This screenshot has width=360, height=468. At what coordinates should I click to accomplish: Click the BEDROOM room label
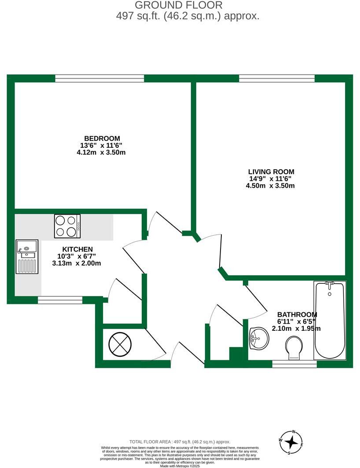coord(102,138)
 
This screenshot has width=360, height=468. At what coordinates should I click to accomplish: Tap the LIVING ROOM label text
coord(271,172)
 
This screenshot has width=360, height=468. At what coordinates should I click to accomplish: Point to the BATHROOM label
coord(297,314)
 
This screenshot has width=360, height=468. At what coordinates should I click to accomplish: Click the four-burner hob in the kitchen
coord(67,226)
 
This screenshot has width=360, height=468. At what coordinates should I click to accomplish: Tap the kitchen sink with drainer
coord(27,256)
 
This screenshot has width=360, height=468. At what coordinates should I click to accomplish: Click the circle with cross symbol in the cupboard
coord(120,344)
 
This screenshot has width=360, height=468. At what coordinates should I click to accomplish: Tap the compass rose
coord(291,442)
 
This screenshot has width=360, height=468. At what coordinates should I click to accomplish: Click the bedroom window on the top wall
coord(99,78)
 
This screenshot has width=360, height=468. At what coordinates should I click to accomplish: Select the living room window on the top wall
coord(277,78)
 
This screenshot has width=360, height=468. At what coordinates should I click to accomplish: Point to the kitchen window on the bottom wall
coord(60,300)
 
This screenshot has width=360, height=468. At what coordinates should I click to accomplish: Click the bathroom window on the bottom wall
coord(294,364)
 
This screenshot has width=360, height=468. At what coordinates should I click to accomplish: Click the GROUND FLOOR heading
coord(178,5)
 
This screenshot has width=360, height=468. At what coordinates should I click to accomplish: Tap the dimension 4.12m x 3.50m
coord(102,152)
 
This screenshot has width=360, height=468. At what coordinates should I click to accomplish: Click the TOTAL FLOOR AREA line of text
coord(180,442)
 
